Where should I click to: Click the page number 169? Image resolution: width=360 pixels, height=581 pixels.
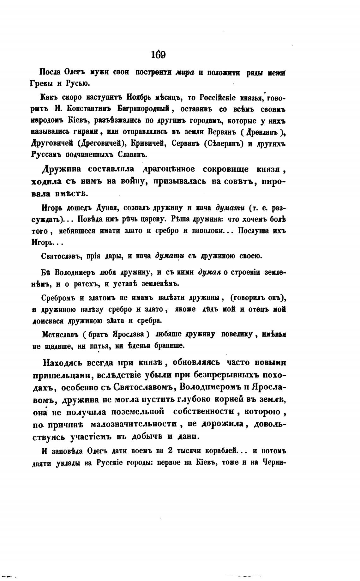coord(158,55)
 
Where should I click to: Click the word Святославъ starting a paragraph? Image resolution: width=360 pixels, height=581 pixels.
coord(61,256)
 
